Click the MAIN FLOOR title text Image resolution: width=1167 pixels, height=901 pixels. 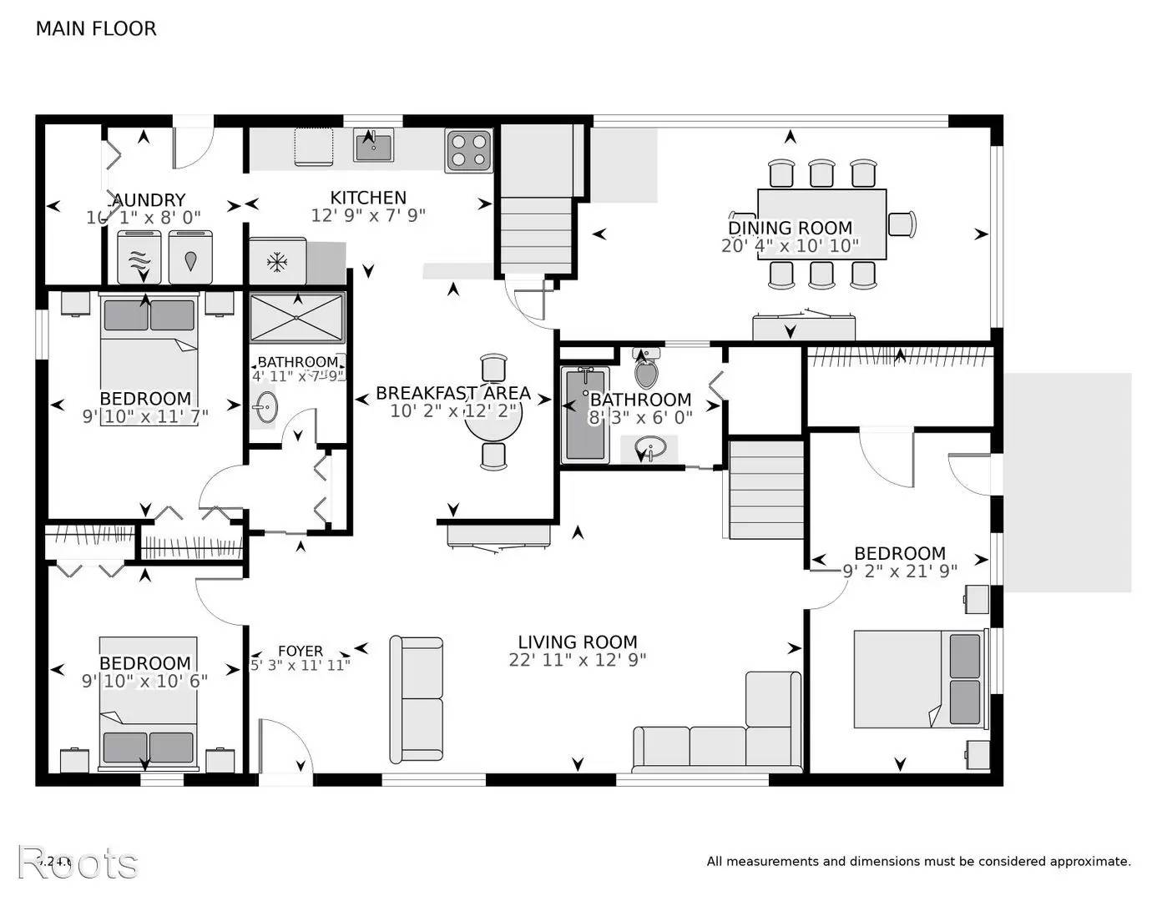pyautogui.click(x=96, y=28)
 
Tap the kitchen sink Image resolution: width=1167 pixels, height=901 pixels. pyautogui.click(x=373, y=146)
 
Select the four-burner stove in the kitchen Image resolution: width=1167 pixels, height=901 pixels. pyautogui.click(x=468, y=150)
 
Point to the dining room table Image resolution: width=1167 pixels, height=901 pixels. pyautogui.click(x=821, y=224)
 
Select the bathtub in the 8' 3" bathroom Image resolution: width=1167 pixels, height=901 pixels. pyautogui.click(x=585, y=415)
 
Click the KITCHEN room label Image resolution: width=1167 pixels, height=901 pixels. pyautogui.click(x=368, y=198)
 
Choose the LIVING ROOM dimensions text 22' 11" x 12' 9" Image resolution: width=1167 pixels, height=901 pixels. pyautogui.click(x=578, y=660)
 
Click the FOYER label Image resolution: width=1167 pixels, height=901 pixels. pyautogui.click(x=301, y=651)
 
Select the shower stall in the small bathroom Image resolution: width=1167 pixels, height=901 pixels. pyautogui.click(x=297, y=317)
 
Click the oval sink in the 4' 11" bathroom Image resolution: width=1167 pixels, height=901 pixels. pyautogui.click(x=265, y=409)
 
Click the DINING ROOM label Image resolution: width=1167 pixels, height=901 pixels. pyautogui.click(x=791, y=228)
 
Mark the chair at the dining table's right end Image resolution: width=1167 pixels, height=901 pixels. pyautogui.click(x=902, y=224)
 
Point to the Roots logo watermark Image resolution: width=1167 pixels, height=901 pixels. pyautogui.click(x=78, y=863)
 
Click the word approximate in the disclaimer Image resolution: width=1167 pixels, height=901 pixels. pyautogui.click(x=1089, y=862)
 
